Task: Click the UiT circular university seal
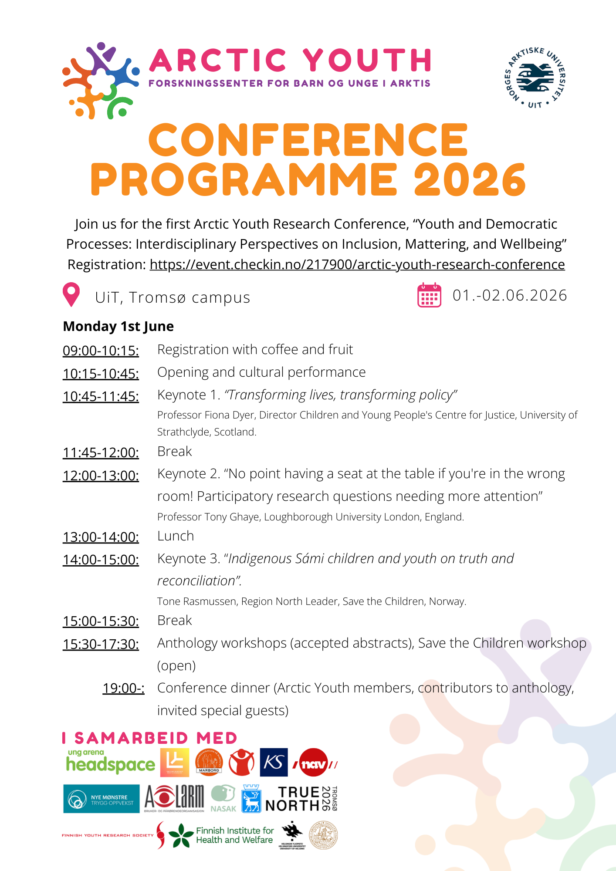(x=535, y=78)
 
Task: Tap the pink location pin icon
(x=71, y=294)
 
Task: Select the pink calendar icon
(x=429, y=295)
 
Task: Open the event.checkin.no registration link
(x=357, y=264)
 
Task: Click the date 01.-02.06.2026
(x=510, y=295)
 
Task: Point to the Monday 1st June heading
(x=118, y=326)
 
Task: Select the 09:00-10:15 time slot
(x=101, y=350)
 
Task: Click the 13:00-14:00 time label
(x=101, y=537)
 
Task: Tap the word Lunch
(x=176, y=536)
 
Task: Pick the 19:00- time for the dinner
(x=123, y=688)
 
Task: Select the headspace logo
(x=110, y=762)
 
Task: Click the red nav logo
(x=315, y=763)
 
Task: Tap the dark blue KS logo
(x=274, y=762)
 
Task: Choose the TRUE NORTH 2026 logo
(x=301, y=799)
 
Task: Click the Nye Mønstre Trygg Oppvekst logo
(x=101, y=799)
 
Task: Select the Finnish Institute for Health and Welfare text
(x=234, y=835)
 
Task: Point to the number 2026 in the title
(x=470, y=180)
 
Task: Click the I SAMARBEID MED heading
(x=150, y=738)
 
